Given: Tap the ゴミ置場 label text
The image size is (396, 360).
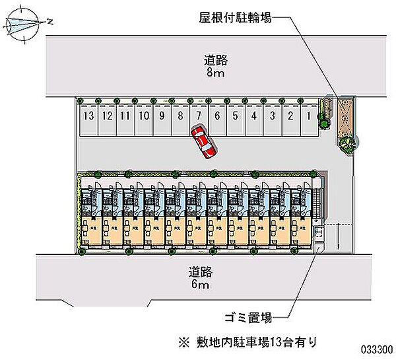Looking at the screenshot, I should (x=247, y=316).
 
